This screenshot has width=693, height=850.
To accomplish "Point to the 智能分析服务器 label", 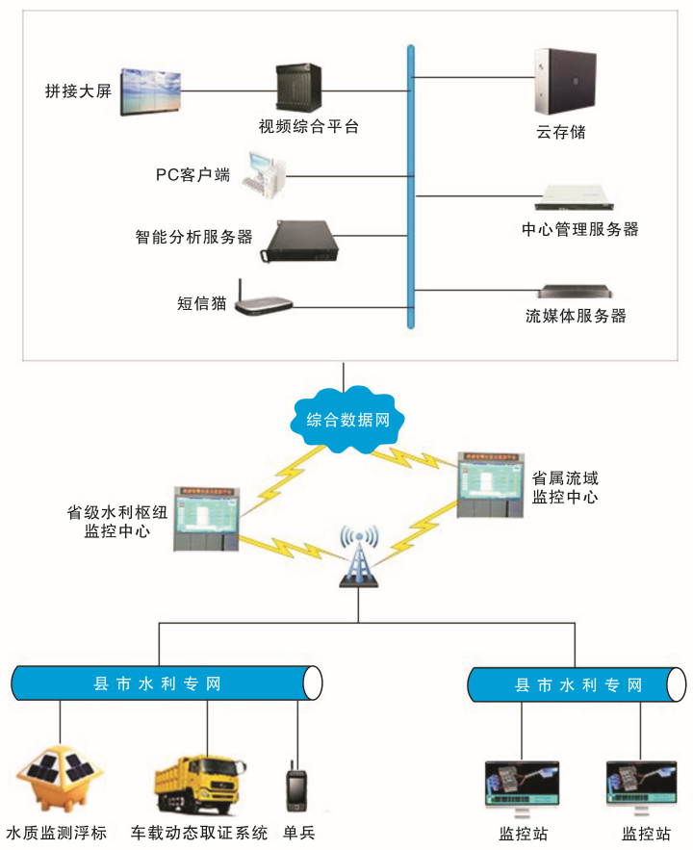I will click(x=193, y=235).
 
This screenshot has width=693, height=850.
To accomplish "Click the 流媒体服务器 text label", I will click(x=576, y=316).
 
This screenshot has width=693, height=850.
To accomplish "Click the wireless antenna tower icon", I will click(x=356, y=557).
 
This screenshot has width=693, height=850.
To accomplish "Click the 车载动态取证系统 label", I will click(x=198, y=833).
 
